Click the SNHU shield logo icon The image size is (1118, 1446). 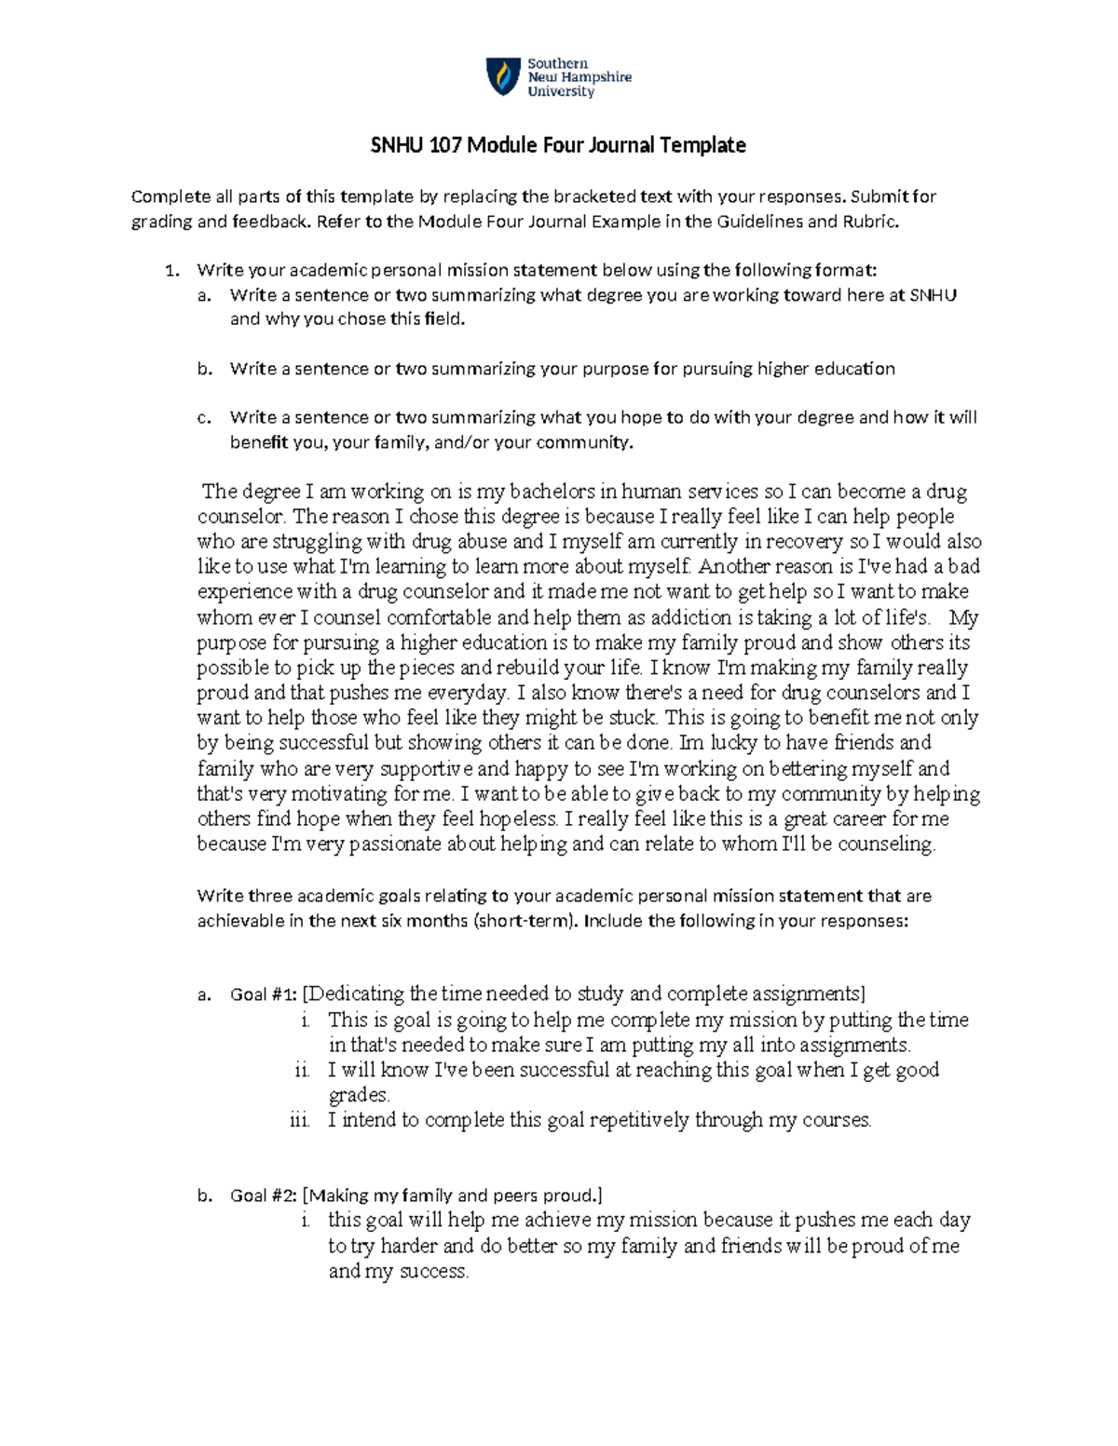(501, 77)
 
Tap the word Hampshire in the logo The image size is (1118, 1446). (595, 77)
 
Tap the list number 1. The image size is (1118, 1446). (170, 271)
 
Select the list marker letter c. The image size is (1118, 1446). (203, 418)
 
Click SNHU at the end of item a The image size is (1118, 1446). (933, 295)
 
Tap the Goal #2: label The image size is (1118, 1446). (264, 1196)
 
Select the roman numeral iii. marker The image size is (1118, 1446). (300, 1120)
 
